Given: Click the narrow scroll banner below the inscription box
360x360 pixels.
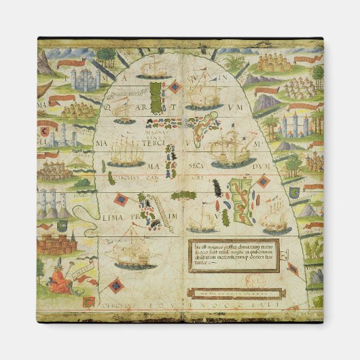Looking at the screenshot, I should tap(234, 294).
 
